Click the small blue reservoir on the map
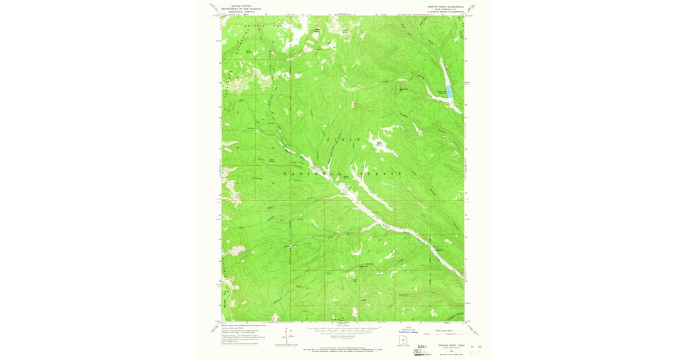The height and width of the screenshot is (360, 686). tap(449, 91)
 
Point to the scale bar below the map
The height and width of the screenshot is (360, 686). tap(343, 330)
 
